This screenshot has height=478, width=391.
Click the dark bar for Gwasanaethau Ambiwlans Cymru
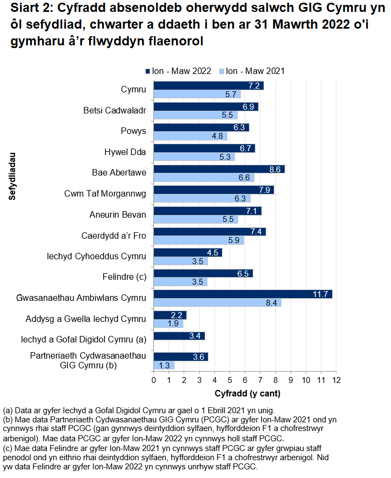243,294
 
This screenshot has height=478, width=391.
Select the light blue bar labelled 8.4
218,303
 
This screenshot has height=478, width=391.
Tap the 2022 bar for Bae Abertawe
219,169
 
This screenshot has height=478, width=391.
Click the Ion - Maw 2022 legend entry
178,71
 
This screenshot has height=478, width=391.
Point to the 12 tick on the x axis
336,380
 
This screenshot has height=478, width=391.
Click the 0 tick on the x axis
154,380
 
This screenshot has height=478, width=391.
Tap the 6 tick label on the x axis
245,380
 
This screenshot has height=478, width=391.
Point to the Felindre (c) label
124,277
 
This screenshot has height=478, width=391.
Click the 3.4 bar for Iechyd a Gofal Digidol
179,336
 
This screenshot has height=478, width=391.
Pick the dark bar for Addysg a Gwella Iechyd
170,315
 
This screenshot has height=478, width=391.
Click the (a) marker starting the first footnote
8,410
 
